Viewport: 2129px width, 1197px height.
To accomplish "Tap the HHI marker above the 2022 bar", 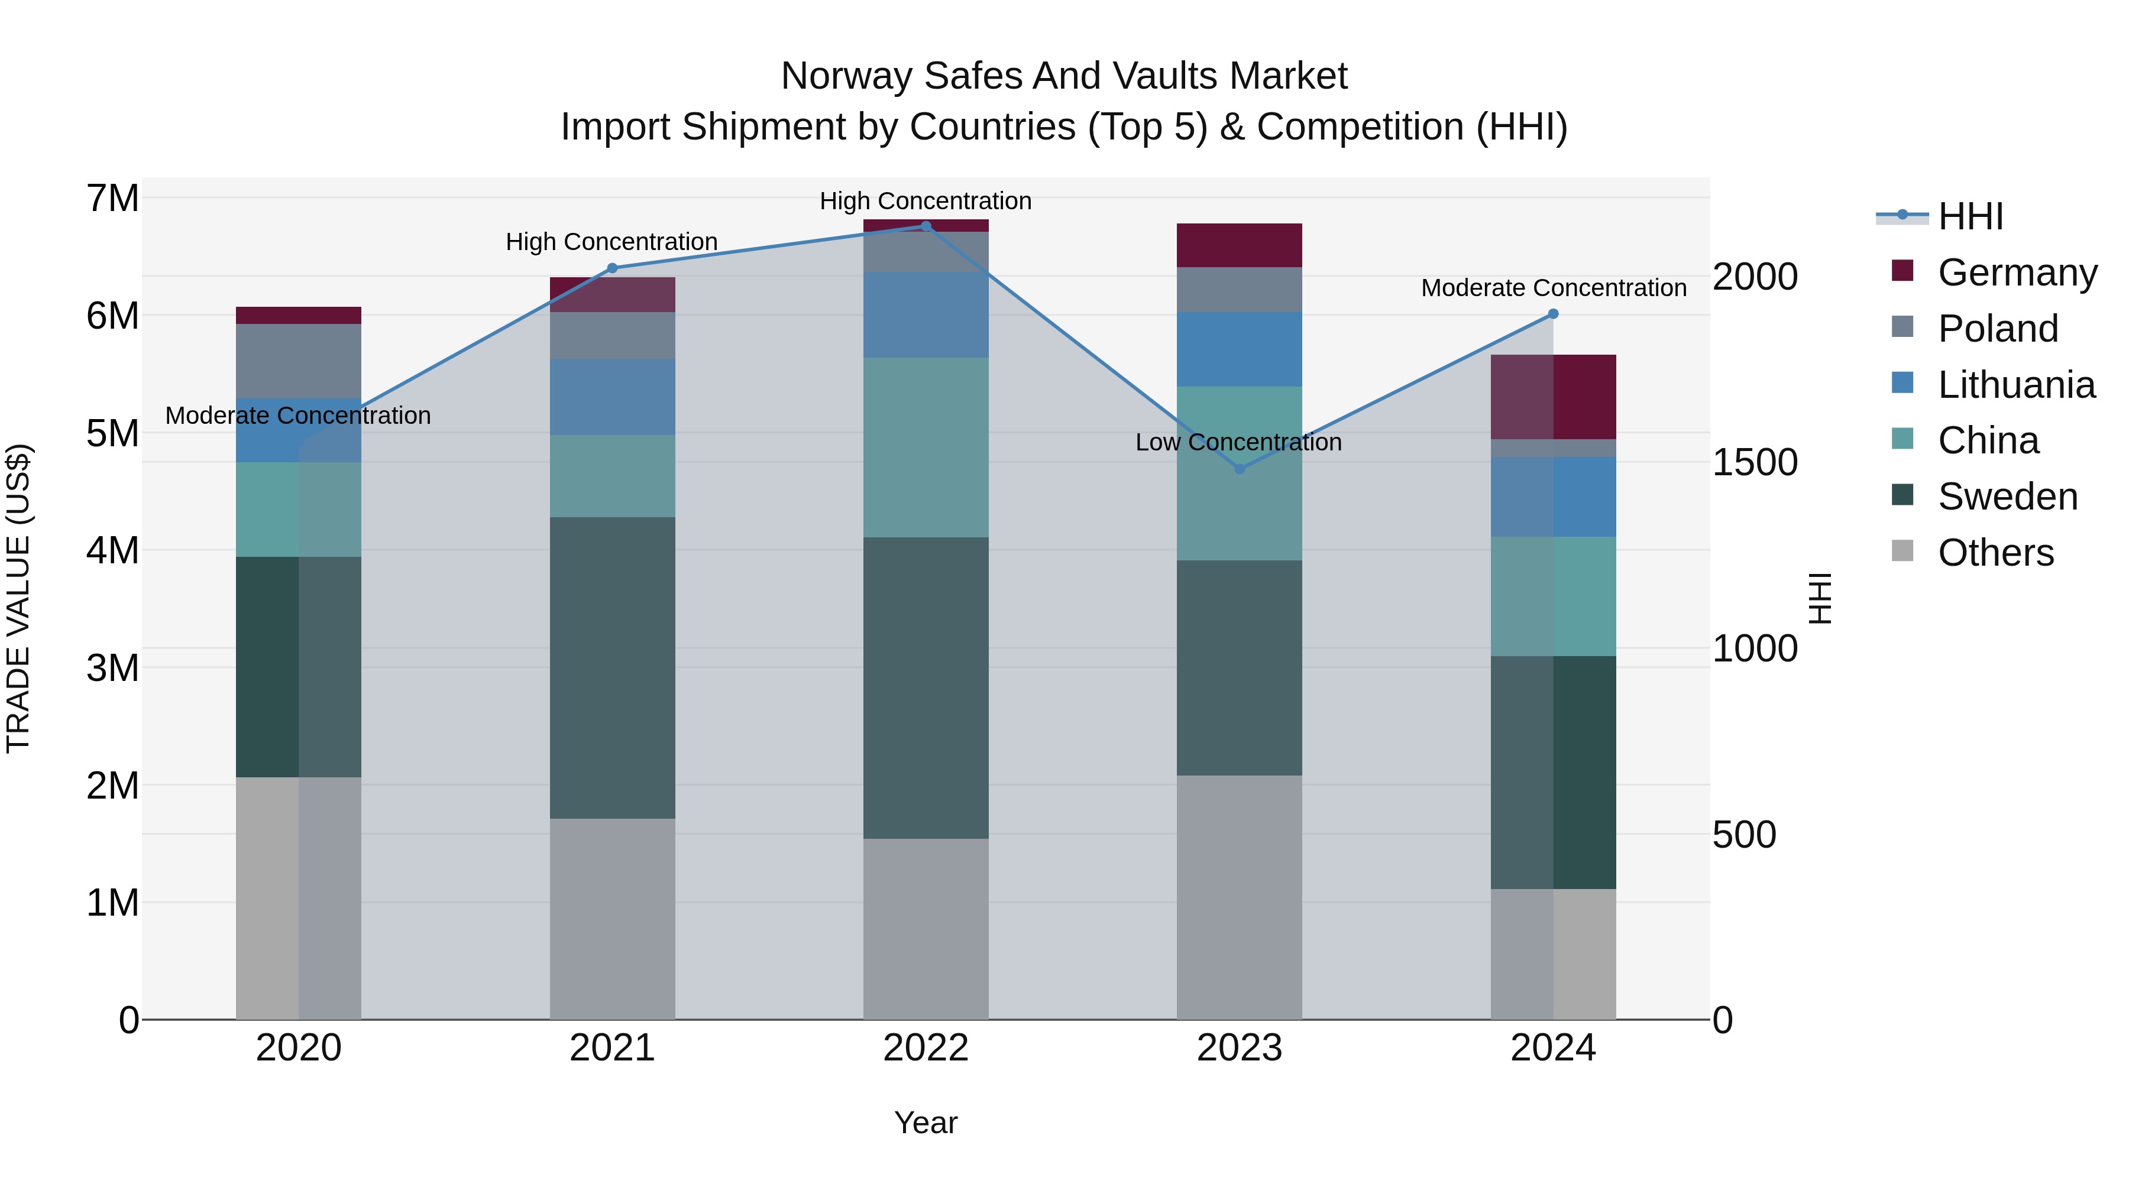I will [x=926, y=226].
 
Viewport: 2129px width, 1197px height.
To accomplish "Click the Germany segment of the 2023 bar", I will [x=1239, y=245].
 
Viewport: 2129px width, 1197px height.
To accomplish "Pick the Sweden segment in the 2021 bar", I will [x=613, y=667].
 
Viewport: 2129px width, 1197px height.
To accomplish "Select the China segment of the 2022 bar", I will [x=926, y=447].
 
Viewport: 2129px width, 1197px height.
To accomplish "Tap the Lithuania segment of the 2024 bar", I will [x=1553, y=497].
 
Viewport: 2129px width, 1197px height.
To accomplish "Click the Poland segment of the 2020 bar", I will [x=299, y=361].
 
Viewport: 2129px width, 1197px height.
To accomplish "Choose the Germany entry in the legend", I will [x=2017, y=273].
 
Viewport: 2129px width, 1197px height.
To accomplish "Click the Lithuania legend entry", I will [x=2016, y=385].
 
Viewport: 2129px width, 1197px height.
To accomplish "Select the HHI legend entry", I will [x=1971, y=216].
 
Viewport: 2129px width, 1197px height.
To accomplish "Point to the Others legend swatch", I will [x=1902, y=551].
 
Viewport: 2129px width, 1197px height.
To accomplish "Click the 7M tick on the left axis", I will [x=112, y=199].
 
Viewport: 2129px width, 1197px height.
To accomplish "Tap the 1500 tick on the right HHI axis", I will [x=1754, y=463].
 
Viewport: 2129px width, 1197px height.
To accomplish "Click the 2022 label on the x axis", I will [x=926, y=1048].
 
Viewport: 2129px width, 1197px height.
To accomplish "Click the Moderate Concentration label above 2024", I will [x=1553, y=288].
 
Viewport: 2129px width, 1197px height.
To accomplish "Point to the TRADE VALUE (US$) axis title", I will [x=18, y=598].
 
